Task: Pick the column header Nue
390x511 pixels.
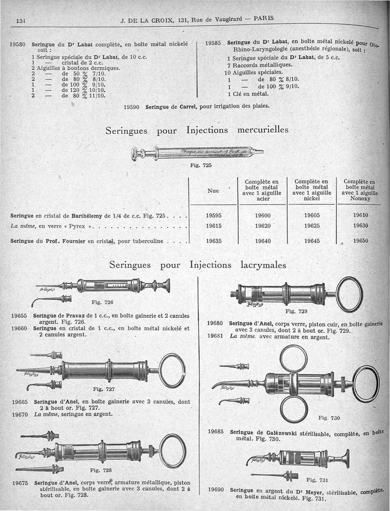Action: (x=213, y=191)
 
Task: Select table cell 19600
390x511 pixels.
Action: (x=263, y=215)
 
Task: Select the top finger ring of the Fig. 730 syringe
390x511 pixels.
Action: (x=293, y=359)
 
